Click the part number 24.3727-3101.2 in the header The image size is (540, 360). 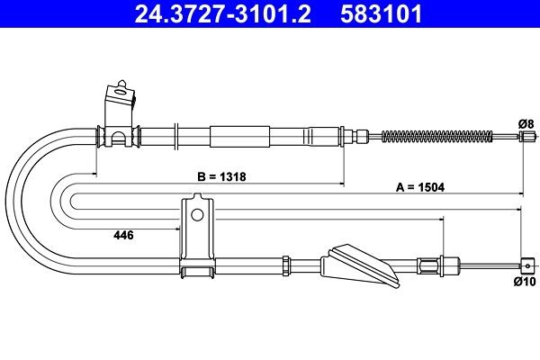[222, 14]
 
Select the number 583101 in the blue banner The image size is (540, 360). [381, 14]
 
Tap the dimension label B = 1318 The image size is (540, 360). [221, 176]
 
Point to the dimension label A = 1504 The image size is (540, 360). [420, 187]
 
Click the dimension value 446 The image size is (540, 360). [123, 235]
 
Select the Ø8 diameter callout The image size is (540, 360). [526, 123]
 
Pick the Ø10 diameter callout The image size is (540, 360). [525, 282]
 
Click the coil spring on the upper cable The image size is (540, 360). [437, 137]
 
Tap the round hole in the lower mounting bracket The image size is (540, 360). [197, 215]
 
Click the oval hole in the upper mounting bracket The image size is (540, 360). [121, 92]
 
